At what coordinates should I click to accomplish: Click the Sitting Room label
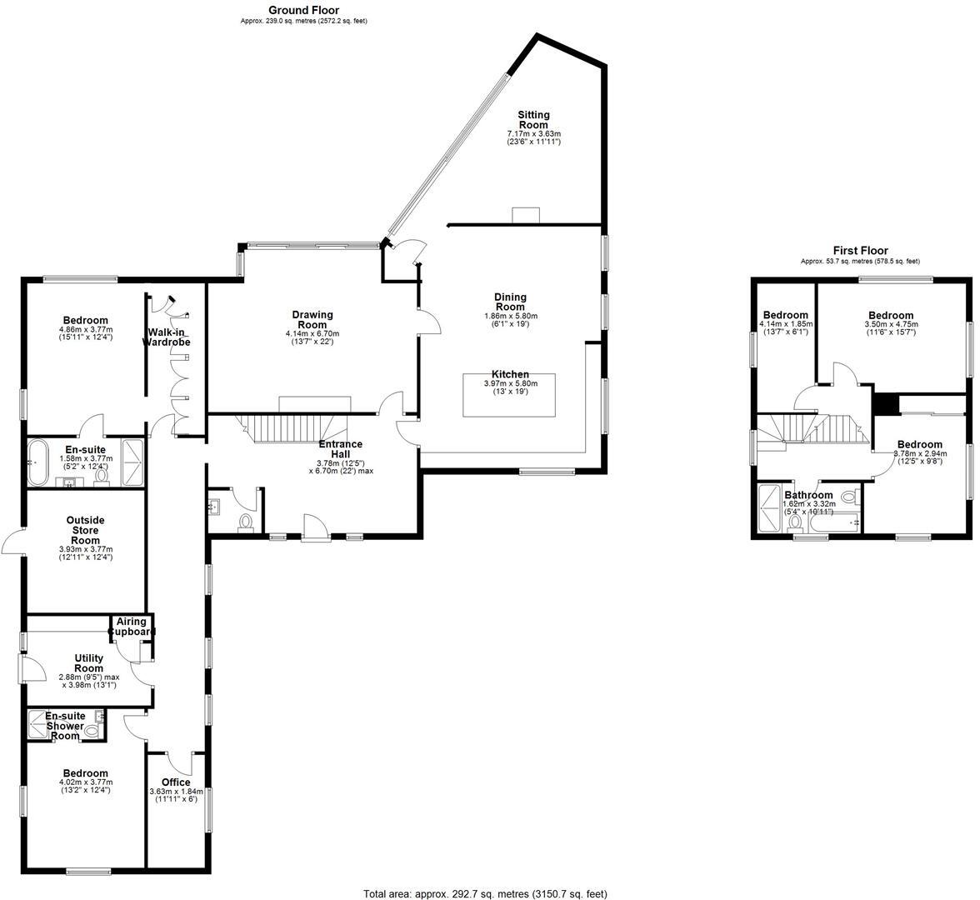coord(533,120)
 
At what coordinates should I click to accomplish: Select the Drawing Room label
coord(312,320)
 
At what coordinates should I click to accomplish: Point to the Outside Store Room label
coord(86,530)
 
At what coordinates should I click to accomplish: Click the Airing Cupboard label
coord(132,627)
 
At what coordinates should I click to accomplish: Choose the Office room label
coord(176,782)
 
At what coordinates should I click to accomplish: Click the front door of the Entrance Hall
coord(315,527)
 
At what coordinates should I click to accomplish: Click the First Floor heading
coord(860,250)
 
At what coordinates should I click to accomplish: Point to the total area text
coord(485,893)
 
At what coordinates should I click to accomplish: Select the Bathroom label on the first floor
coord(808,495)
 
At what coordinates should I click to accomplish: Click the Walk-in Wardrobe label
coord(169,337)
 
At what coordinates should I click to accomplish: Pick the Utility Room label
coord(88,663)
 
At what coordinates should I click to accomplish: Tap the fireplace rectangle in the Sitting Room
coord(526,215)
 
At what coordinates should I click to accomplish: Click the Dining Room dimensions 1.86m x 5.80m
coord(510,316)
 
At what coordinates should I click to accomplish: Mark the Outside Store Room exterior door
coord(12,542)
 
